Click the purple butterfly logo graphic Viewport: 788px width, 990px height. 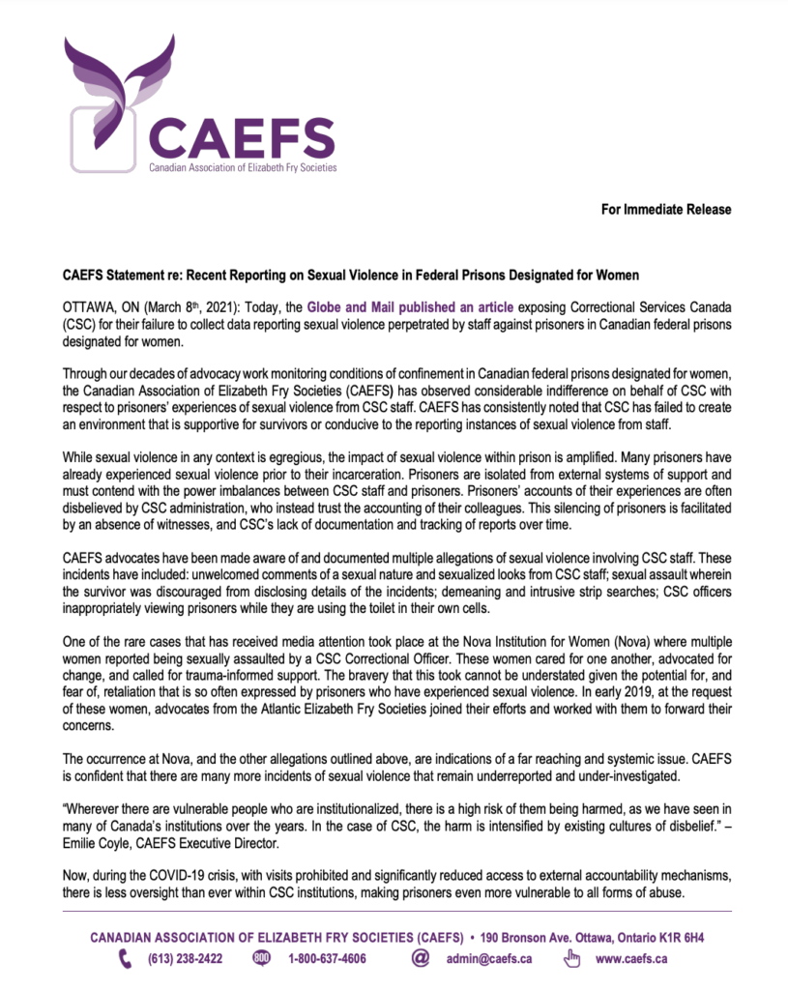click(121, 92)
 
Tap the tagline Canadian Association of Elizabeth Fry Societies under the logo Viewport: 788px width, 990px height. click(242, 167)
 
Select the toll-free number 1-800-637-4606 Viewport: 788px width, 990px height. click(327, 959)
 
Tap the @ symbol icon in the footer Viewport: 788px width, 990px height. click(420, 959)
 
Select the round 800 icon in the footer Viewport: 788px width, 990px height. click(261, 959)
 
